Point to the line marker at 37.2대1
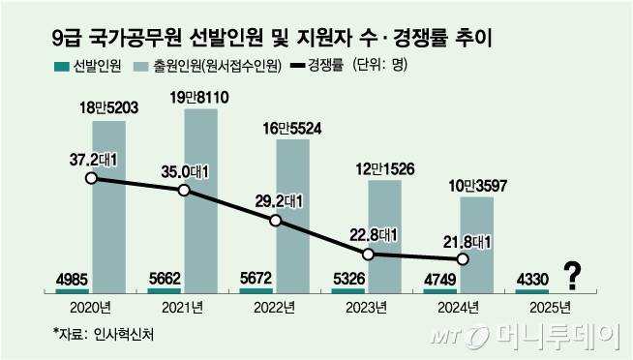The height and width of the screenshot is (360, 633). (x=90, y=178)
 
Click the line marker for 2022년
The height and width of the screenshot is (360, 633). (x=276, y=221)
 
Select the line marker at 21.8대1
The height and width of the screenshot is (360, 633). (x=462, y=258)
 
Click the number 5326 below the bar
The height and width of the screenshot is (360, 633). (x=345, y=278)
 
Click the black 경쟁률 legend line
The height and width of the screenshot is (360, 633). (x=293, y=67)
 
